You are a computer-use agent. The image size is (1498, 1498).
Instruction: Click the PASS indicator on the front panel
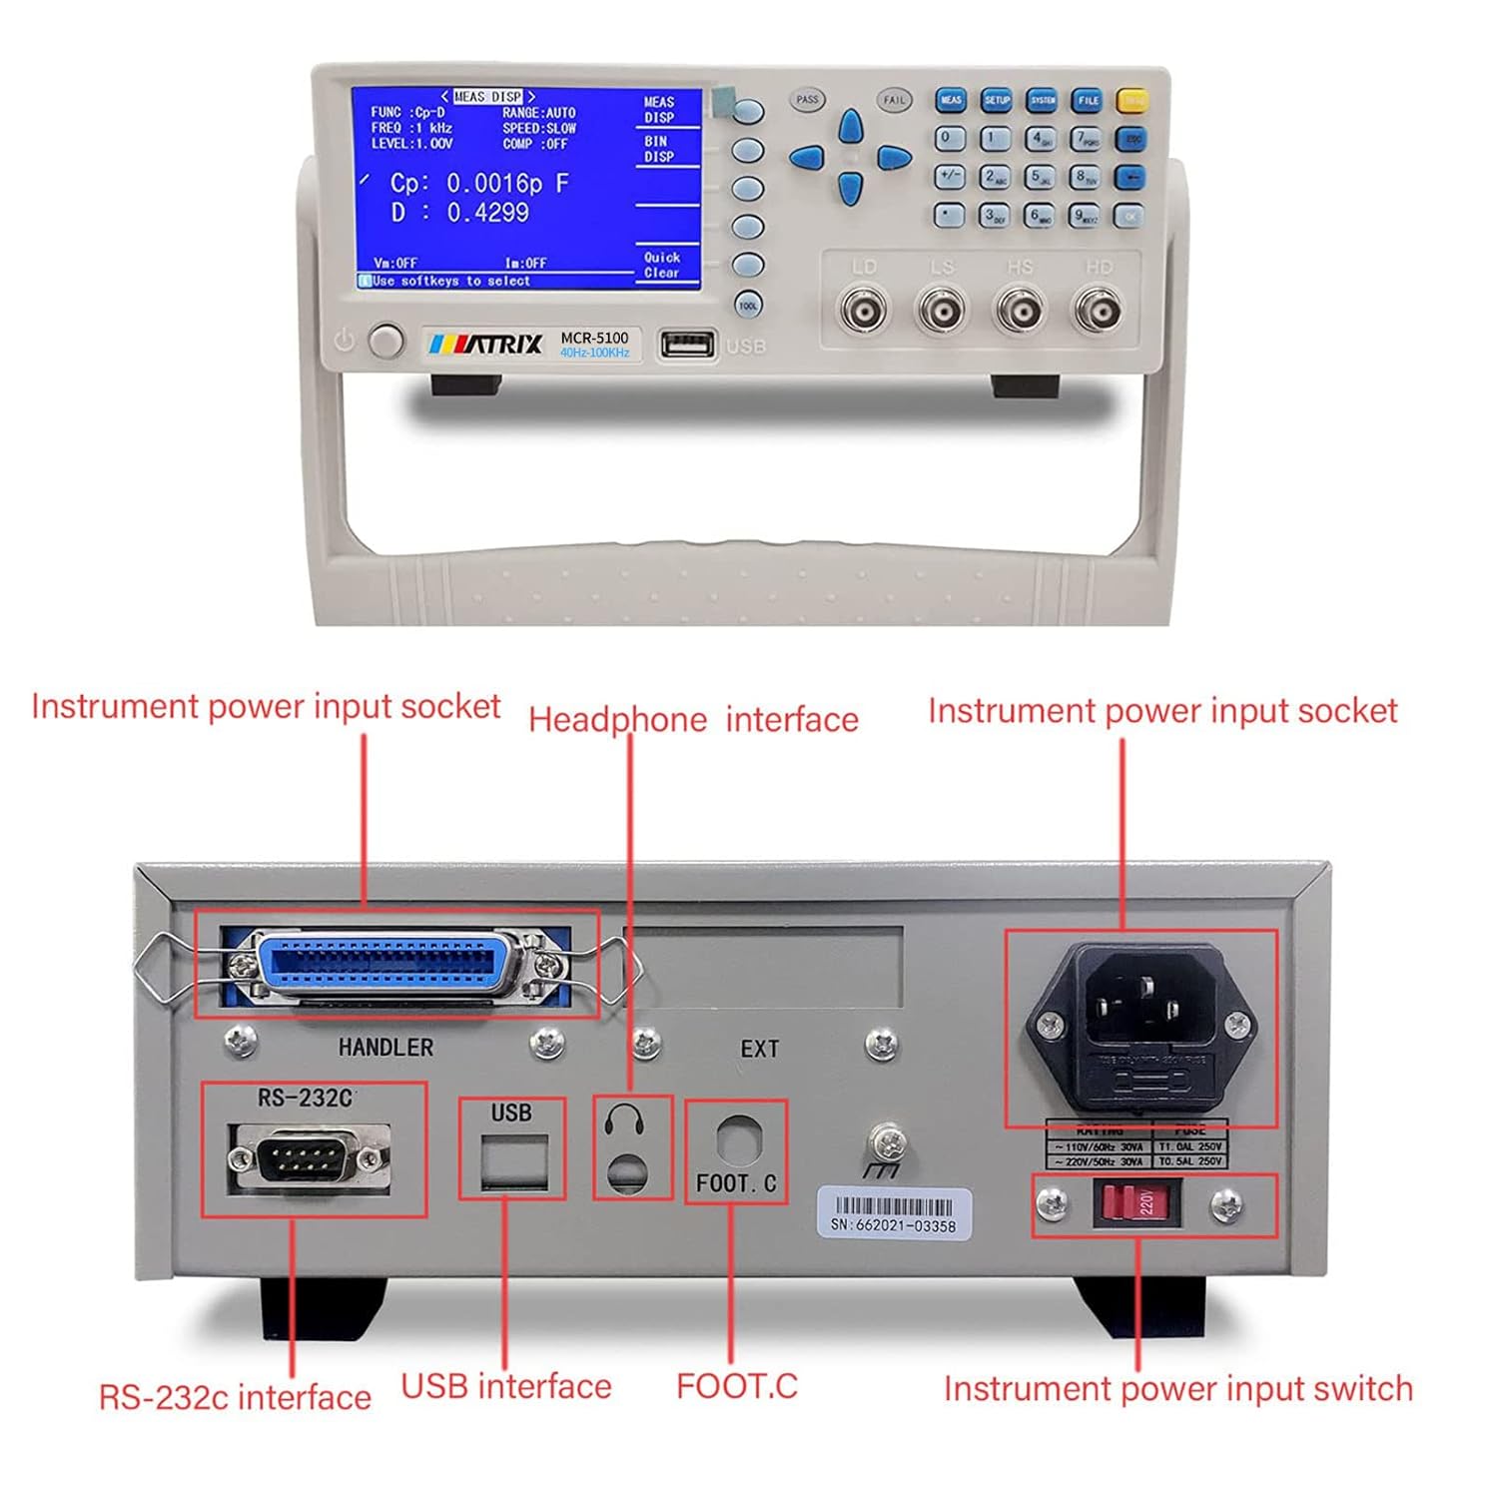tap(807, 100)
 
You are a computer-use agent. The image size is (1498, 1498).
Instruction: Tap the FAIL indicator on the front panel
tap(894, 100)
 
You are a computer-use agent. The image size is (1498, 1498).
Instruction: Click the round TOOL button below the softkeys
tap(748, 306)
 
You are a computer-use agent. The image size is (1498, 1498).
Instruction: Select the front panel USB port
tap(687, 345)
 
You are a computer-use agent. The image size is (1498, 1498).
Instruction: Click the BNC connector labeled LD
tap(863, 313)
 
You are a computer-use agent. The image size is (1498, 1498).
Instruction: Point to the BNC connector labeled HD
tap(1098, 313)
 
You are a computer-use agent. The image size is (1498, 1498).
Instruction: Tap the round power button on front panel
tap(384, 341)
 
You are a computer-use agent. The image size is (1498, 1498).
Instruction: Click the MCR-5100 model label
tap(594, 338)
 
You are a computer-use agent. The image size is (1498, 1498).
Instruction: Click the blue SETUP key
tap(996, 100)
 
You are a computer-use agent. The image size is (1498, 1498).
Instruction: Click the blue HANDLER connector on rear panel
tap(389, 966)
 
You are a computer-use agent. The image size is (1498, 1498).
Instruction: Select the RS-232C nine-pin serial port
tap(309, 1158)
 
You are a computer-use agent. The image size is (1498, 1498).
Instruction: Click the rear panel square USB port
tap(513, 1162)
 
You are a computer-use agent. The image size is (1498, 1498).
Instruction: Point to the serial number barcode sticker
tap(894, 1212)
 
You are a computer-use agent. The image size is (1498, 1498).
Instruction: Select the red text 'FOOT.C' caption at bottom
tap(737, 1386)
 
